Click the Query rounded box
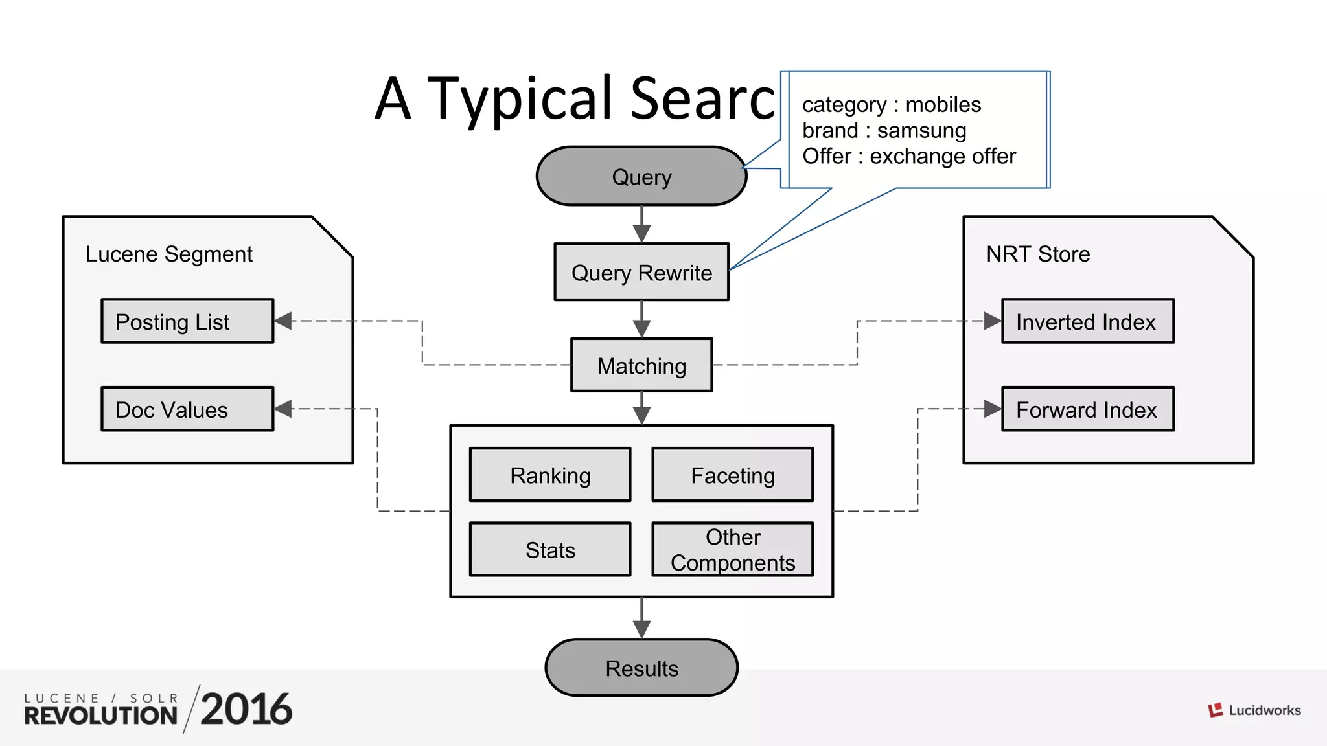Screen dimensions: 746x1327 641,176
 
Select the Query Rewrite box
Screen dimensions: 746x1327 641,272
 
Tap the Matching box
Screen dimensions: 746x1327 641,365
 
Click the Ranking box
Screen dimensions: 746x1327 550,475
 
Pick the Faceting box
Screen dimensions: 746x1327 732,475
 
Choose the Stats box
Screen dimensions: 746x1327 550,549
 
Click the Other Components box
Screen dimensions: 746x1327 732,549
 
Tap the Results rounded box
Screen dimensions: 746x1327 641,668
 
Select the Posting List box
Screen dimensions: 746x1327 187,321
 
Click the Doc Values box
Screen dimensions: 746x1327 187,409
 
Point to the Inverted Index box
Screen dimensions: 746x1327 1087,321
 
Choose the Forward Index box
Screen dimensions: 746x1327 1087,409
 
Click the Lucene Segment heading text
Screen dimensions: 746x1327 168,254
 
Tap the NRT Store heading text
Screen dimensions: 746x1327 1038,254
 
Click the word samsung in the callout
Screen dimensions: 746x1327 921,131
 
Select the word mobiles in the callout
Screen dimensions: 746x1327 943,105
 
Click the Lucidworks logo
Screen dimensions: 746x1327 1254,710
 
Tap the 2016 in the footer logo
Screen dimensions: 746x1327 246,709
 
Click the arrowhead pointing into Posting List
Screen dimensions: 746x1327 283,321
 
